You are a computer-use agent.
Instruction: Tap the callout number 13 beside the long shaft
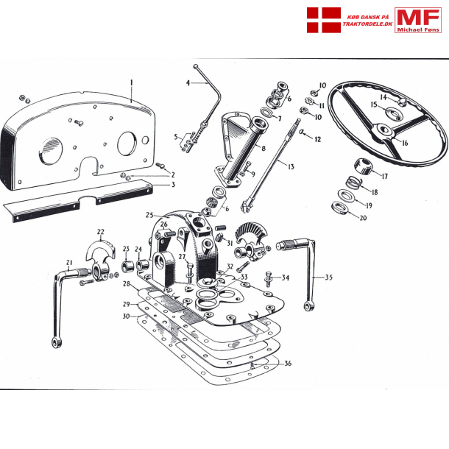tap(290, 167)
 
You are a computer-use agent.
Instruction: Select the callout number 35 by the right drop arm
tap(328, 277)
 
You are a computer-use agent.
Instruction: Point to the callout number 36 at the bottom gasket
tap(288, 363)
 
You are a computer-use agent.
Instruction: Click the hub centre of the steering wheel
tap(384, 131)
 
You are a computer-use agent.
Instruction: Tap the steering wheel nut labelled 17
tap(362, 166)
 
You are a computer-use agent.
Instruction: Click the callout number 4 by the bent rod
tap(188, 84)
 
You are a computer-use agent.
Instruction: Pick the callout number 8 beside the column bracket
tap(262, 149)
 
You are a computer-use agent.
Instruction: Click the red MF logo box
tap(418, 19)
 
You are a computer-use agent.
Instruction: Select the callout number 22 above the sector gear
tap(100, 232)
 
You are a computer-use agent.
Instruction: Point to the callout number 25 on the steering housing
tap(149, 215)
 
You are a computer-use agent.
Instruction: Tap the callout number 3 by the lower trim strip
tap(173, 184)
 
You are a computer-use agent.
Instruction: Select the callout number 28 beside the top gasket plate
tap(127, 283)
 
